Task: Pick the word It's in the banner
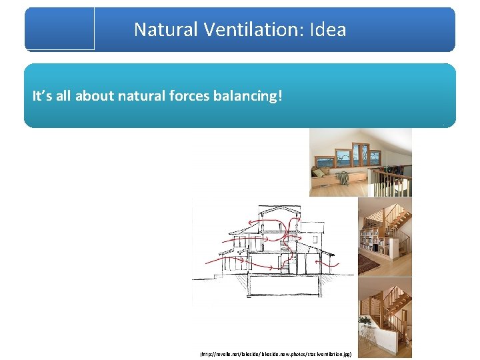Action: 41,96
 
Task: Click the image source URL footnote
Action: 275,355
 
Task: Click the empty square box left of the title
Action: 60,28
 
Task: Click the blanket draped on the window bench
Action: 343,178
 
